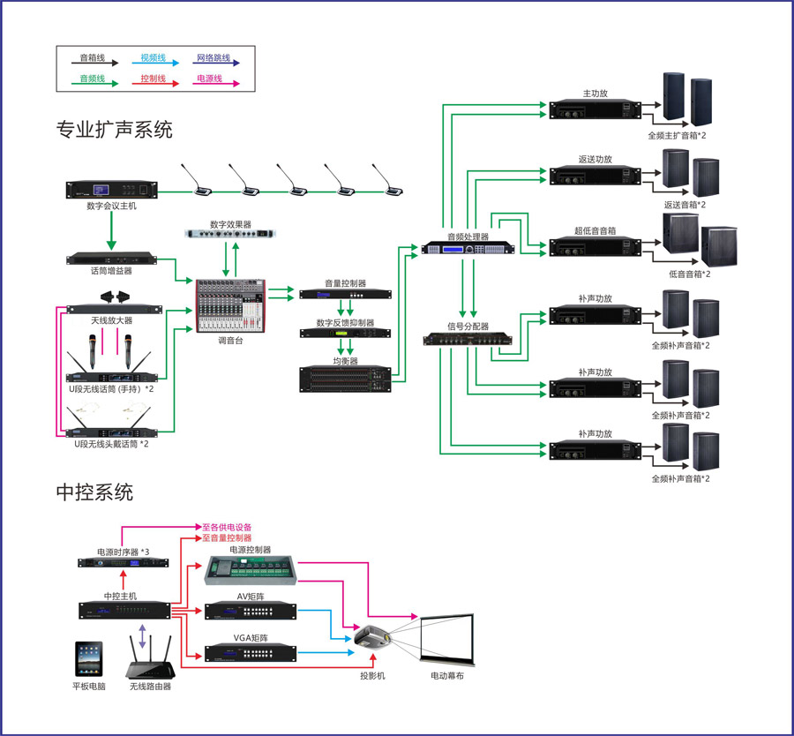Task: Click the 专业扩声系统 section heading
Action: [x=114, y=130]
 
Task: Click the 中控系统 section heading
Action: [x=94, y=492]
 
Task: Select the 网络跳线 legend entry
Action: [x=215, y=59]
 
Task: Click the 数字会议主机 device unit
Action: [x=111, y=189]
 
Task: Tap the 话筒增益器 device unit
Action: [x=111, y=259]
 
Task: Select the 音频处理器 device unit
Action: [x=468, y=248]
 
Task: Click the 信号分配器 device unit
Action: [x=468, y=339]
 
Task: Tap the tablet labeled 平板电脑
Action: [x=89, y=660]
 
